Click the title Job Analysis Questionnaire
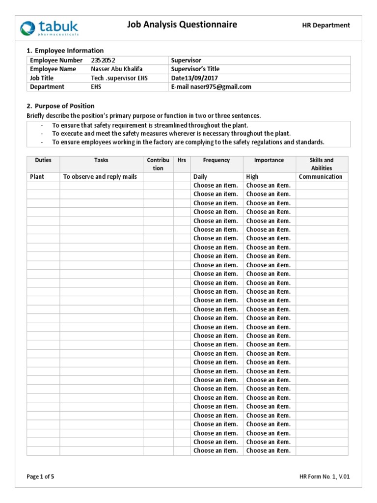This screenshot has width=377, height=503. point(182,24)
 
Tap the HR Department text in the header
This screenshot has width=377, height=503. point(325,25)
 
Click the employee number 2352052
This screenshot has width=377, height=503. point(104,60)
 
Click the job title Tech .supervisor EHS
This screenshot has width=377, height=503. point(119,78)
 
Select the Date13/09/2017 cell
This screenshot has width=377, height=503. point(195,78)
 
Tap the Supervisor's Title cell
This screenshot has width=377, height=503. point(195,69)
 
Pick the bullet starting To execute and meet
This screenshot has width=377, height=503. point(171,134)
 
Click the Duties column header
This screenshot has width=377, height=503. point(43,160)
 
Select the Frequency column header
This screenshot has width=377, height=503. point(216,160)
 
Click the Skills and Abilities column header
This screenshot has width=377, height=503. point(322,164)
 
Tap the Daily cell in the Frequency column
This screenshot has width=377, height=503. point(200,177)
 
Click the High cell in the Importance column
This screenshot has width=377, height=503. point(252,177)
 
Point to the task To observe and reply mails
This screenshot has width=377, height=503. point(100,177)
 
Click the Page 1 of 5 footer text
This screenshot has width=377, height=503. point(40,476)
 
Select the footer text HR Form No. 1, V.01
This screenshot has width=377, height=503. point(324,476)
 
